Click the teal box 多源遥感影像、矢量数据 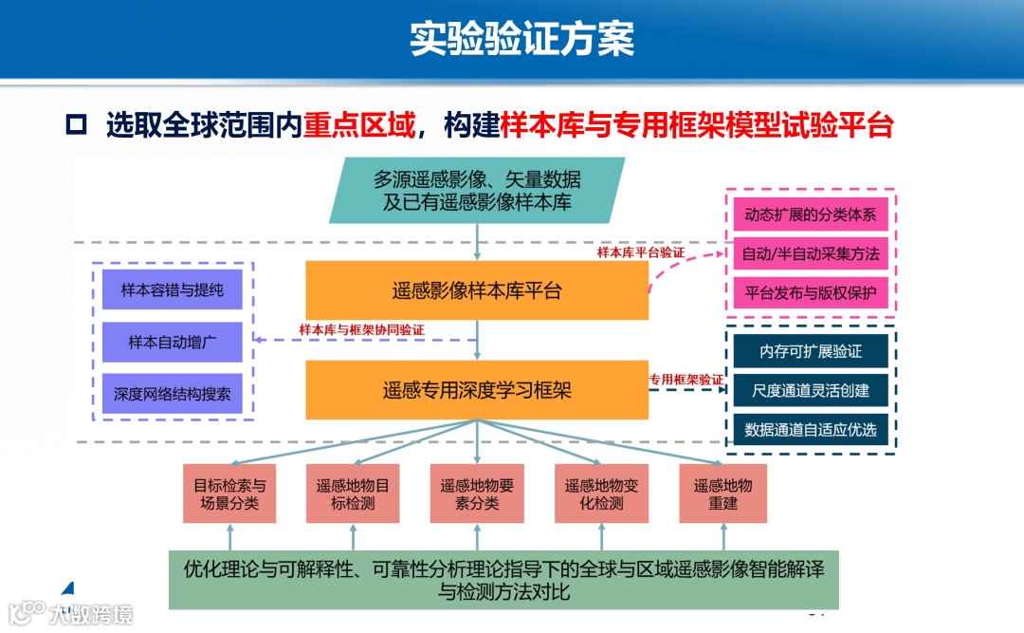(x=477, y=190)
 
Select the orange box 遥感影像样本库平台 (x=477, y=290)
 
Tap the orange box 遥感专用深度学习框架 (x=477, y=389)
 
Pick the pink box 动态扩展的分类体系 (x=811, y=215)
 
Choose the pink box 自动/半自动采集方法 (x=811, y=253)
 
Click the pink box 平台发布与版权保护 (x=811, y=291)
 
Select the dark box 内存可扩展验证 (x=811, y=351)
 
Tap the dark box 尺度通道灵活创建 (x=811, y=390)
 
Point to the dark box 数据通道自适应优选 (x=811, y=429)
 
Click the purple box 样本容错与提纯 (x=173, y=289)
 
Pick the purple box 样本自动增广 (x=173, y=342)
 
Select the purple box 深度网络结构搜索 (x=173, y=393)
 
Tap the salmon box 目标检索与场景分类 (x=229, y=493)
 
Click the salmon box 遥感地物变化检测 (x=601, y=493)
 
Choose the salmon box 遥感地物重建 (x=722, y=493)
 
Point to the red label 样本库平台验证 (x=641, y=252)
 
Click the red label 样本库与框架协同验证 (x=361, y=329)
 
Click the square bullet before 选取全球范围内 (x=77, y=124)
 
